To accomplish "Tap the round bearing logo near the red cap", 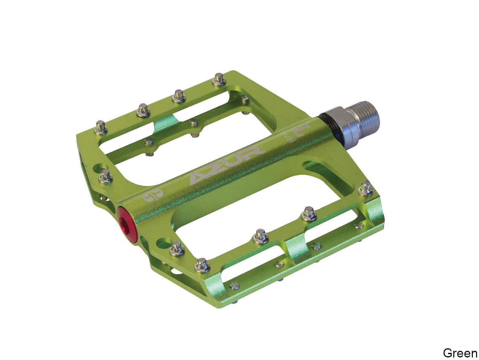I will coord(147,196).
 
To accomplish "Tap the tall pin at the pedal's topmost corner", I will coord(219,79).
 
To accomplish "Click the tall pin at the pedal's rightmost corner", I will coord(365,188).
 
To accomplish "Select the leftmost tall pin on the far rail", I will coord(101,126).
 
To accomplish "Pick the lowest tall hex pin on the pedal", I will coord(202,265).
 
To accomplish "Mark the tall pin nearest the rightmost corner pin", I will coord(309,214).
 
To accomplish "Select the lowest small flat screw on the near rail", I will coord(234,286).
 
